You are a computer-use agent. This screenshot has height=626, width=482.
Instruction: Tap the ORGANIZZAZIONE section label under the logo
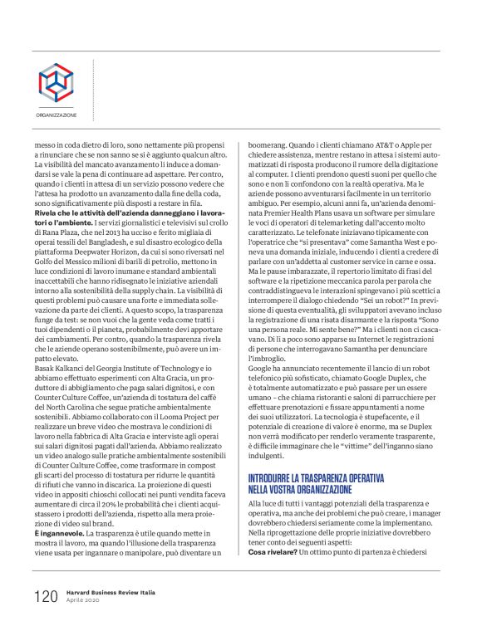56,115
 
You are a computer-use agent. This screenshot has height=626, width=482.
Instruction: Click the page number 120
45,596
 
